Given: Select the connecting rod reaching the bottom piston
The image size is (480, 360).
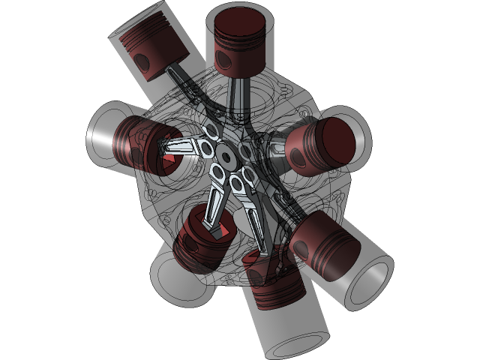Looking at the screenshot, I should tap(255, 217).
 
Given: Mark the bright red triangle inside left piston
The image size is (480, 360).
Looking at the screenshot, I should tap(169, 159).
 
